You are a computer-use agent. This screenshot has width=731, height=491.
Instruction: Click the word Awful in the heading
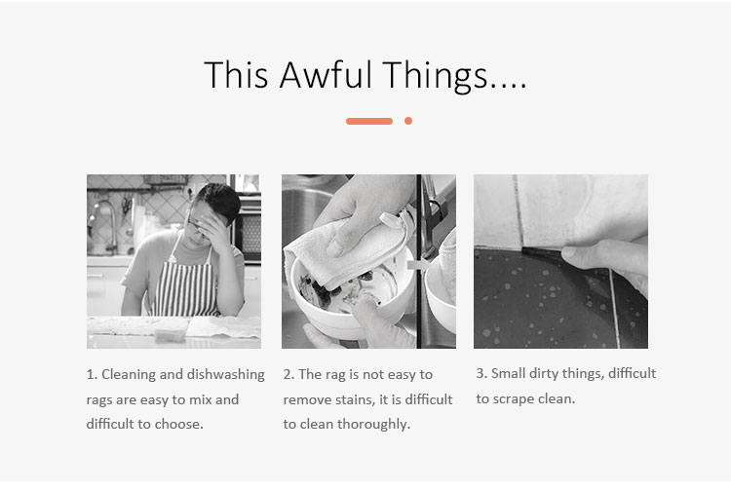click(326, 75)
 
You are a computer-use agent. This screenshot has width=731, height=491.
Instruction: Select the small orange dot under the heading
click(408, 121)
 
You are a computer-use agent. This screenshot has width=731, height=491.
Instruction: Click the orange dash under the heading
click(369, 121)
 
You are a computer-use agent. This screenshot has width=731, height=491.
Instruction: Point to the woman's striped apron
click(186, 284)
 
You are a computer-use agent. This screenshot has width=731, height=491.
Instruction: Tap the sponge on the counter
click(171, 333)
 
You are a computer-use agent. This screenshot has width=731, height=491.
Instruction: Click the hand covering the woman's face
click(214, 228)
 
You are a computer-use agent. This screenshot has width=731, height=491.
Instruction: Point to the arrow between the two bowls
click(418, 265)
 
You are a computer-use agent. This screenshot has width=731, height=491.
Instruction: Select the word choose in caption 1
click(179, 424)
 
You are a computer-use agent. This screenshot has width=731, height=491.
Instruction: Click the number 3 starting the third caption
click(480, 373)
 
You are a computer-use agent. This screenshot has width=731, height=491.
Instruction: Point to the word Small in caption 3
click(508, 373)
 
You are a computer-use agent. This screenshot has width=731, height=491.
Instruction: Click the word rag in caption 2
click(335, 375)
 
